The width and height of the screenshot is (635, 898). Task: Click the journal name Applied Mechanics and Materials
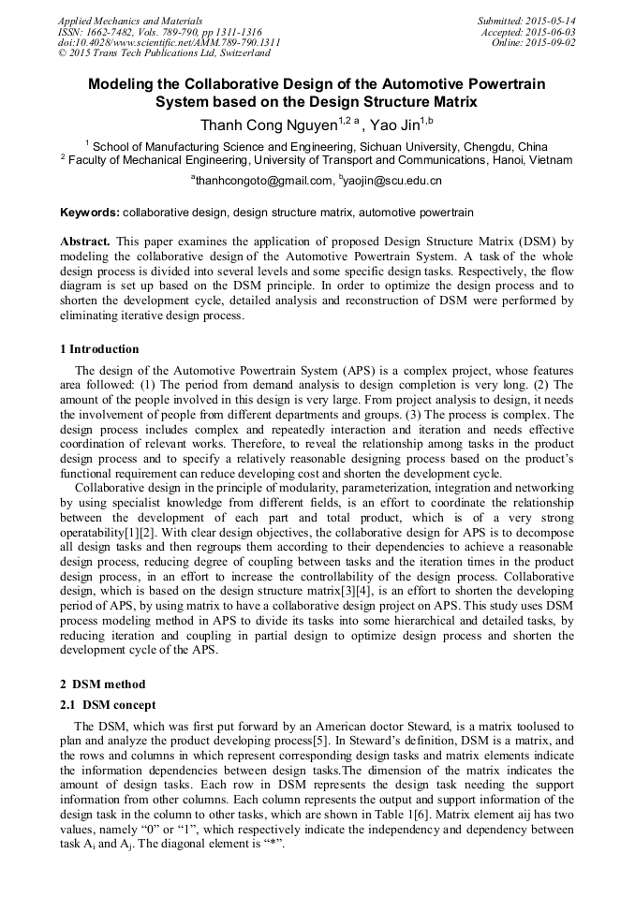(x=130, y=20)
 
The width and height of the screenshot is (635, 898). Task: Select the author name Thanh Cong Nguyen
(x=268, y=125)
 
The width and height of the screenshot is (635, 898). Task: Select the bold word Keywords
(x=89, y=213)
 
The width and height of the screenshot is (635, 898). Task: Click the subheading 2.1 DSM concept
(x=108, y=704)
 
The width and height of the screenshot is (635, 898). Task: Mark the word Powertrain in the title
(x=500, y=83)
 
